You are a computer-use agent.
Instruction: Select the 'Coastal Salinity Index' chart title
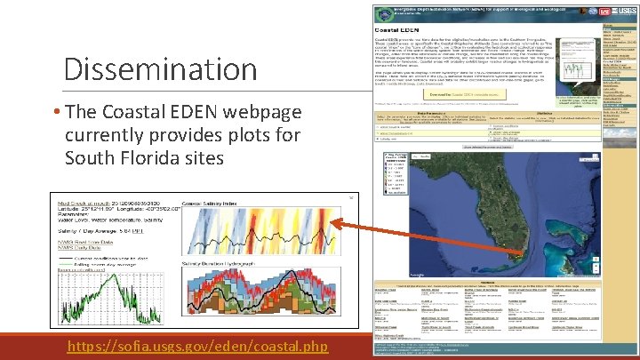pos(217,204)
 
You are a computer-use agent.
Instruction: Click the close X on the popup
pos(350,196)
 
